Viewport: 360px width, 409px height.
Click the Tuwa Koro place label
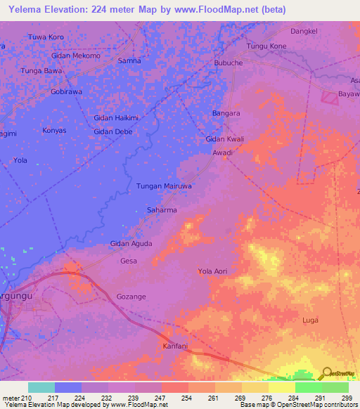click(x=46, y=37)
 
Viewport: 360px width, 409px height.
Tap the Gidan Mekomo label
click(x=76, y=56)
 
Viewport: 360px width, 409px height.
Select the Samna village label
click(x=129, y=61)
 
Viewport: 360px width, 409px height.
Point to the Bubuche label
click(x=229, y=63)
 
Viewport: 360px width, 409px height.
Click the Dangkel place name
click(x=304, y=32)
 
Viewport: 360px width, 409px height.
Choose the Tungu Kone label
click(x=266, y=46)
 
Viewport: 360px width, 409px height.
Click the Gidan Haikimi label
click(x=116, y=118)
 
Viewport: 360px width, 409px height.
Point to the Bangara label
click(x=226, y=113)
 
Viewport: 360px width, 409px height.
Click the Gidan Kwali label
click(x=224, y=139)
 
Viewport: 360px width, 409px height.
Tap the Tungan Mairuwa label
click(x=164, y=186)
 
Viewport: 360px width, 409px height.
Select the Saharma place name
click(x=161, y=210)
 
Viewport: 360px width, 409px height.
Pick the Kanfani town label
click(x=175, y=346)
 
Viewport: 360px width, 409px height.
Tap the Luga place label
click(x=309, y=320)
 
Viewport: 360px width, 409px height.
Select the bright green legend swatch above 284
click(x=308, y=387)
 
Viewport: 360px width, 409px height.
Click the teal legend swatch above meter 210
click(x=41, y=387)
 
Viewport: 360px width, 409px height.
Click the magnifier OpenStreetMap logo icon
click(x=326, y=373)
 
